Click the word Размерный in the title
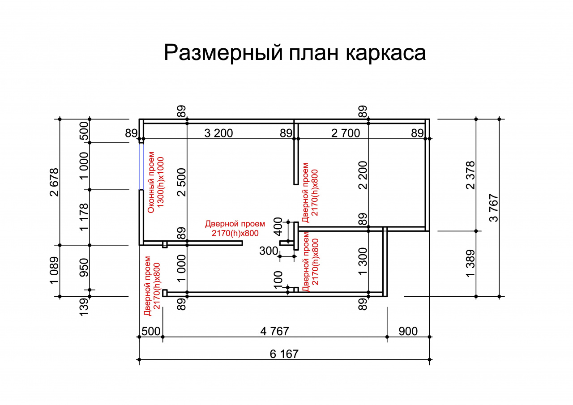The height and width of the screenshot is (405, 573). click(223, 53)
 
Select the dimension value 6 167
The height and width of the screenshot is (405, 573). click(284, 354)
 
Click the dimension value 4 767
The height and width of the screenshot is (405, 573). click(274, 331)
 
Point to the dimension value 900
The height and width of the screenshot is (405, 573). click(408, 331)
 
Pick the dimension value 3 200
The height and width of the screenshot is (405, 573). click(218, 133)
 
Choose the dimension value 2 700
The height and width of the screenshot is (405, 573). click(345, 133)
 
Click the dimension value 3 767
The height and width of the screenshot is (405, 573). click(494, 208)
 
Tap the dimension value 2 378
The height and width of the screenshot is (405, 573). click(470, 175)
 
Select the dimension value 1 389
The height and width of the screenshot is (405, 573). click(470, 264)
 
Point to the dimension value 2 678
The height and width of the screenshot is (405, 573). click(54, 182)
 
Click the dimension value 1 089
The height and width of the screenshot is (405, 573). click(54, 271)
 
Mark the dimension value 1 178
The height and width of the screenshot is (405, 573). click(84, 217)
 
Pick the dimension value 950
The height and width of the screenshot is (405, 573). click(84, 268)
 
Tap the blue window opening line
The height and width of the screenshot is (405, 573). click(141, 166)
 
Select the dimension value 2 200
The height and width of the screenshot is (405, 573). click(363, 175)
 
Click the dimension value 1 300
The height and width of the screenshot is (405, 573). click(363, 261)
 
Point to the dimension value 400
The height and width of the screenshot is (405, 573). click(278, 227)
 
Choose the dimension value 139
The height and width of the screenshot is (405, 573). click(84, 307)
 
